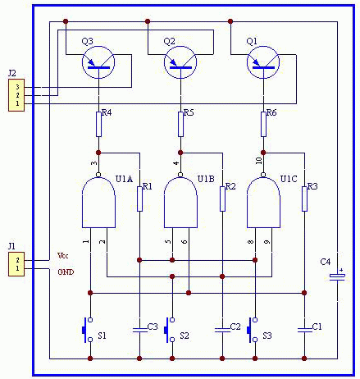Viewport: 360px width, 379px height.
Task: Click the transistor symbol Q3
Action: click(98, 62)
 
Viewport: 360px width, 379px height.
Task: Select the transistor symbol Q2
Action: click(180, 62)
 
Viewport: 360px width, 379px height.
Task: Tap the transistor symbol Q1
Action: click(263, 62)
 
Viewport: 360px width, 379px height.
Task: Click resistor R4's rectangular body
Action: click(98, 124)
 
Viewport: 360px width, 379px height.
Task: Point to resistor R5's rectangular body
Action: click(180, 124)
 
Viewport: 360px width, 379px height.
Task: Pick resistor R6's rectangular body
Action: click(263, 124)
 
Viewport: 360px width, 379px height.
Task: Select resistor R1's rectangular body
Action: click(139, 199)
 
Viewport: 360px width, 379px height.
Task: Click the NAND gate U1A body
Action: click(98, 203)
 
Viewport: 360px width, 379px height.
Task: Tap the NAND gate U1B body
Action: click(180, 203)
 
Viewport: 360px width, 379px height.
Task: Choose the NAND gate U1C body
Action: click(263, 203)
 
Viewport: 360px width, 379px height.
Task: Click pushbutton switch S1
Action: click(88, 330)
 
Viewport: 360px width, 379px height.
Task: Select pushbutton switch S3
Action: click(253, 330)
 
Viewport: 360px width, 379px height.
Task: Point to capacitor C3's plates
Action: click(139, 330)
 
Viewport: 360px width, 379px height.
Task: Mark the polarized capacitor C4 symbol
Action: click(337, 276)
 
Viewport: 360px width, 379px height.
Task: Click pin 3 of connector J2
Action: click(17, 87)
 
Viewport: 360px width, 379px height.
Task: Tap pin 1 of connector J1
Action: click(17, 268)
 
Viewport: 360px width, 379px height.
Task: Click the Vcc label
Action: click(62, 256)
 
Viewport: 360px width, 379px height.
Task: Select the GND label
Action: click(66, 272)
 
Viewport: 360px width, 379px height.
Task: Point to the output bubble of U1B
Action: click(180, 175)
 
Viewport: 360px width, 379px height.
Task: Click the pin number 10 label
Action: click(259, 161)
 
